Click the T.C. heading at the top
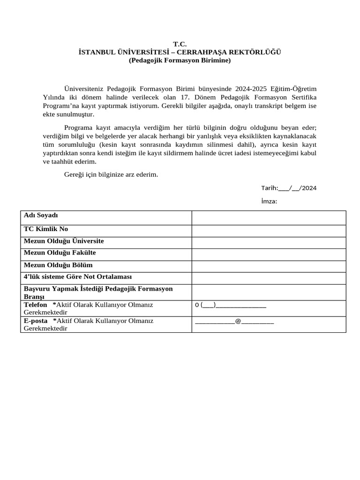pos(180,44)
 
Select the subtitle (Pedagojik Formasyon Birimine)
pos(180,60)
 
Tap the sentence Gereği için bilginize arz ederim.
pos(111,174)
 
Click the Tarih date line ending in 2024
pos(289,188)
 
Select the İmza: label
pos(269,201)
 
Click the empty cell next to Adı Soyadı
pos(269,217)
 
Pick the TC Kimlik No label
pos(46,229)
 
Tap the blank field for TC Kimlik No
pos(269,231)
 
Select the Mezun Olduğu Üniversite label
pos(64,241)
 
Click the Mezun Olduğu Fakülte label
pos(60,253)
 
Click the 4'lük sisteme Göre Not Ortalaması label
pos(78,277)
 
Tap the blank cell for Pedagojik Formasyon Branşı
pos(269,292)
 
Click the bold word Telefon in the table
pos(36,305)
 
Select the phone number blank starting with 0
pos(231,306)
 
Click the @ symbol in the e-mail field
pos(238,322)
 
